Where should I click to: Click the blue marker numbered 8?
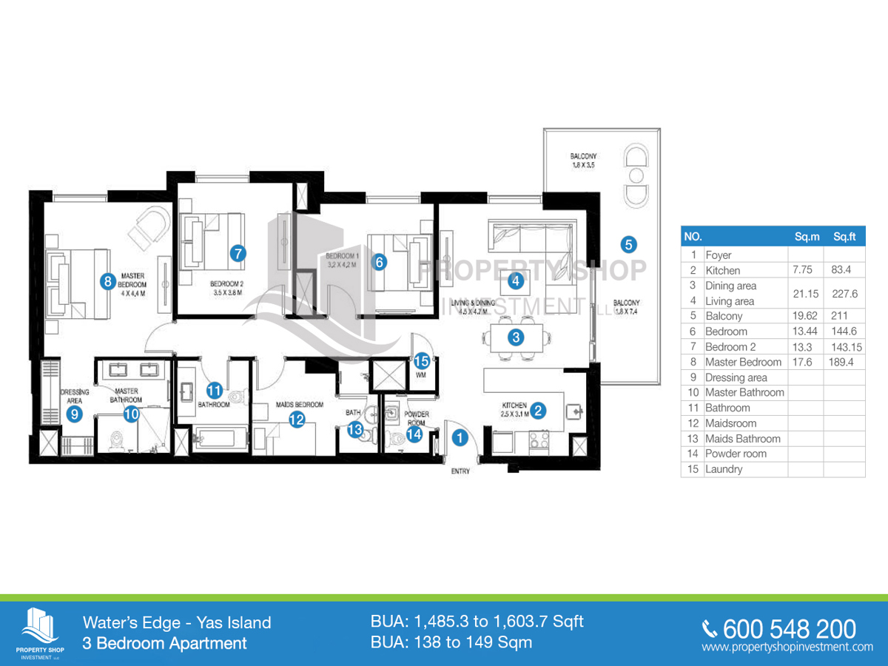[x=108, y=280]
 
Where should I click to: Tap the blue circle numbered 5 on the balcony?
[x=628, y=243]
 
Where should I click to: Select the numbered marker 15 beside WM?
[x=421, y=361]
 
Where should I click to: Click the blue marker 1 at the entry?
[x=460, y=438]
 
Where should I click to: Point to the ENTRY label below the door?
[x=460, y=471]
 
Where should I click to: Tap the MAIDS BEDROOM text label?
[x=299, y=405]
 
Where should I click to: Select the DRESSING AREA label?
[x=74, y=396]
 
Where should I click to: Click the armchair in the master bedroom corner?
[x=151, y=224]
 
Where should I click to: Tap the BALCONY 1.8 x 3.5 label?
[x=583, y=161]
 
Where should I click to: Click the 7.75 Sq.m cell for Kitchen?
[x=803, y=270]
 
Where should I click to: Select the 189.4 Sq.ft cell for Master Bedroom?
[x=843, y=362]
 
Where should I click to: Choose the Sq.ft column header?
[x=844, y=237]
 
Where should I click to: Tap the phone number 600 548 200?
[x=789, y=629]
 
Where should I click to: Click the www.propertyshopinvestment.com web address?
[x=787, y=647]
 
